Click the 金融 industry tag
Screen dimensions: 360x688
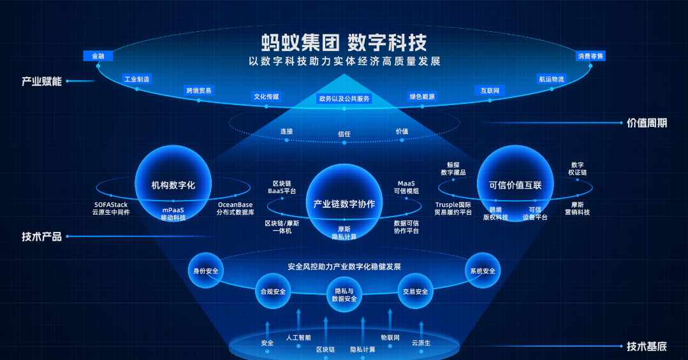pyautogui.click(x=98, y=56)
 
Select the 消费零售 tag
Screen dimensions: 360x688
pyautogui.click(x=590, y=56)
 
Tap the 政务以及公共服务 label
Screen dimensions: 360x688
pyautogui.click(x=344, y=99)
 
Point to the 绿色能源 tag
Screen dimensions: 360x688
pyautogui.click(x=421, y=97)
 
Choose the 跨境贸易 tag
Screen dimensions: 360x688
pyautogui.click(x=199, y=90)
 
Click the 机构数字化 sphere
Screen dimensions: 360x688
pyautogui.click(x=173, y=185)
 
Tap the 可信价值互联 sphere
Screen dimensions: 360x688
pyautogui.click(x=515, y=185)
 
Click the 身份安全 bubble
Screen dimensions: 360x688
pyautogui.click(x=205, y=271)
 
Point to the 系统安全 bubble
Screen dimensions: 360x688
pyautogui.click(x=483, y=271)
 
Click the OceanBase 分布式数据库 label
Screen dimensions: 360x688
pyautogui.click(x=235, y=208)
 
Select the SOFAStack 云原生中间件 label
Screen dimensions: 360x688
pyautogui.click(x=111, y=208)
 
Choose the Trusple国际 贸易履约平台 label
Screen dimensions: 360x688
pyautogui.click(x=453, y=208)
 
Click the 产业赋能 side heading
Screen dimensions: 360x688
pyautogui.click(x=42, y=82)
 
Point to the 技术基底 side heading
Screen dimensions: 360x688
pyautogui.click(x=647, y=347)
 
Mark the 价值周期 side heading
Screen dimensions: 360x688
pyautogui.click(x=647, y=123)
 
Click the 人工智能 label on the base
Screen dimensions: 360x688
pyautogui.click(x=298, y=338)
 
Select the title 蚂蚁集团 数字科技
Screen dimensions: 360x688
pyautogui.click(x=344, y=43)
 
